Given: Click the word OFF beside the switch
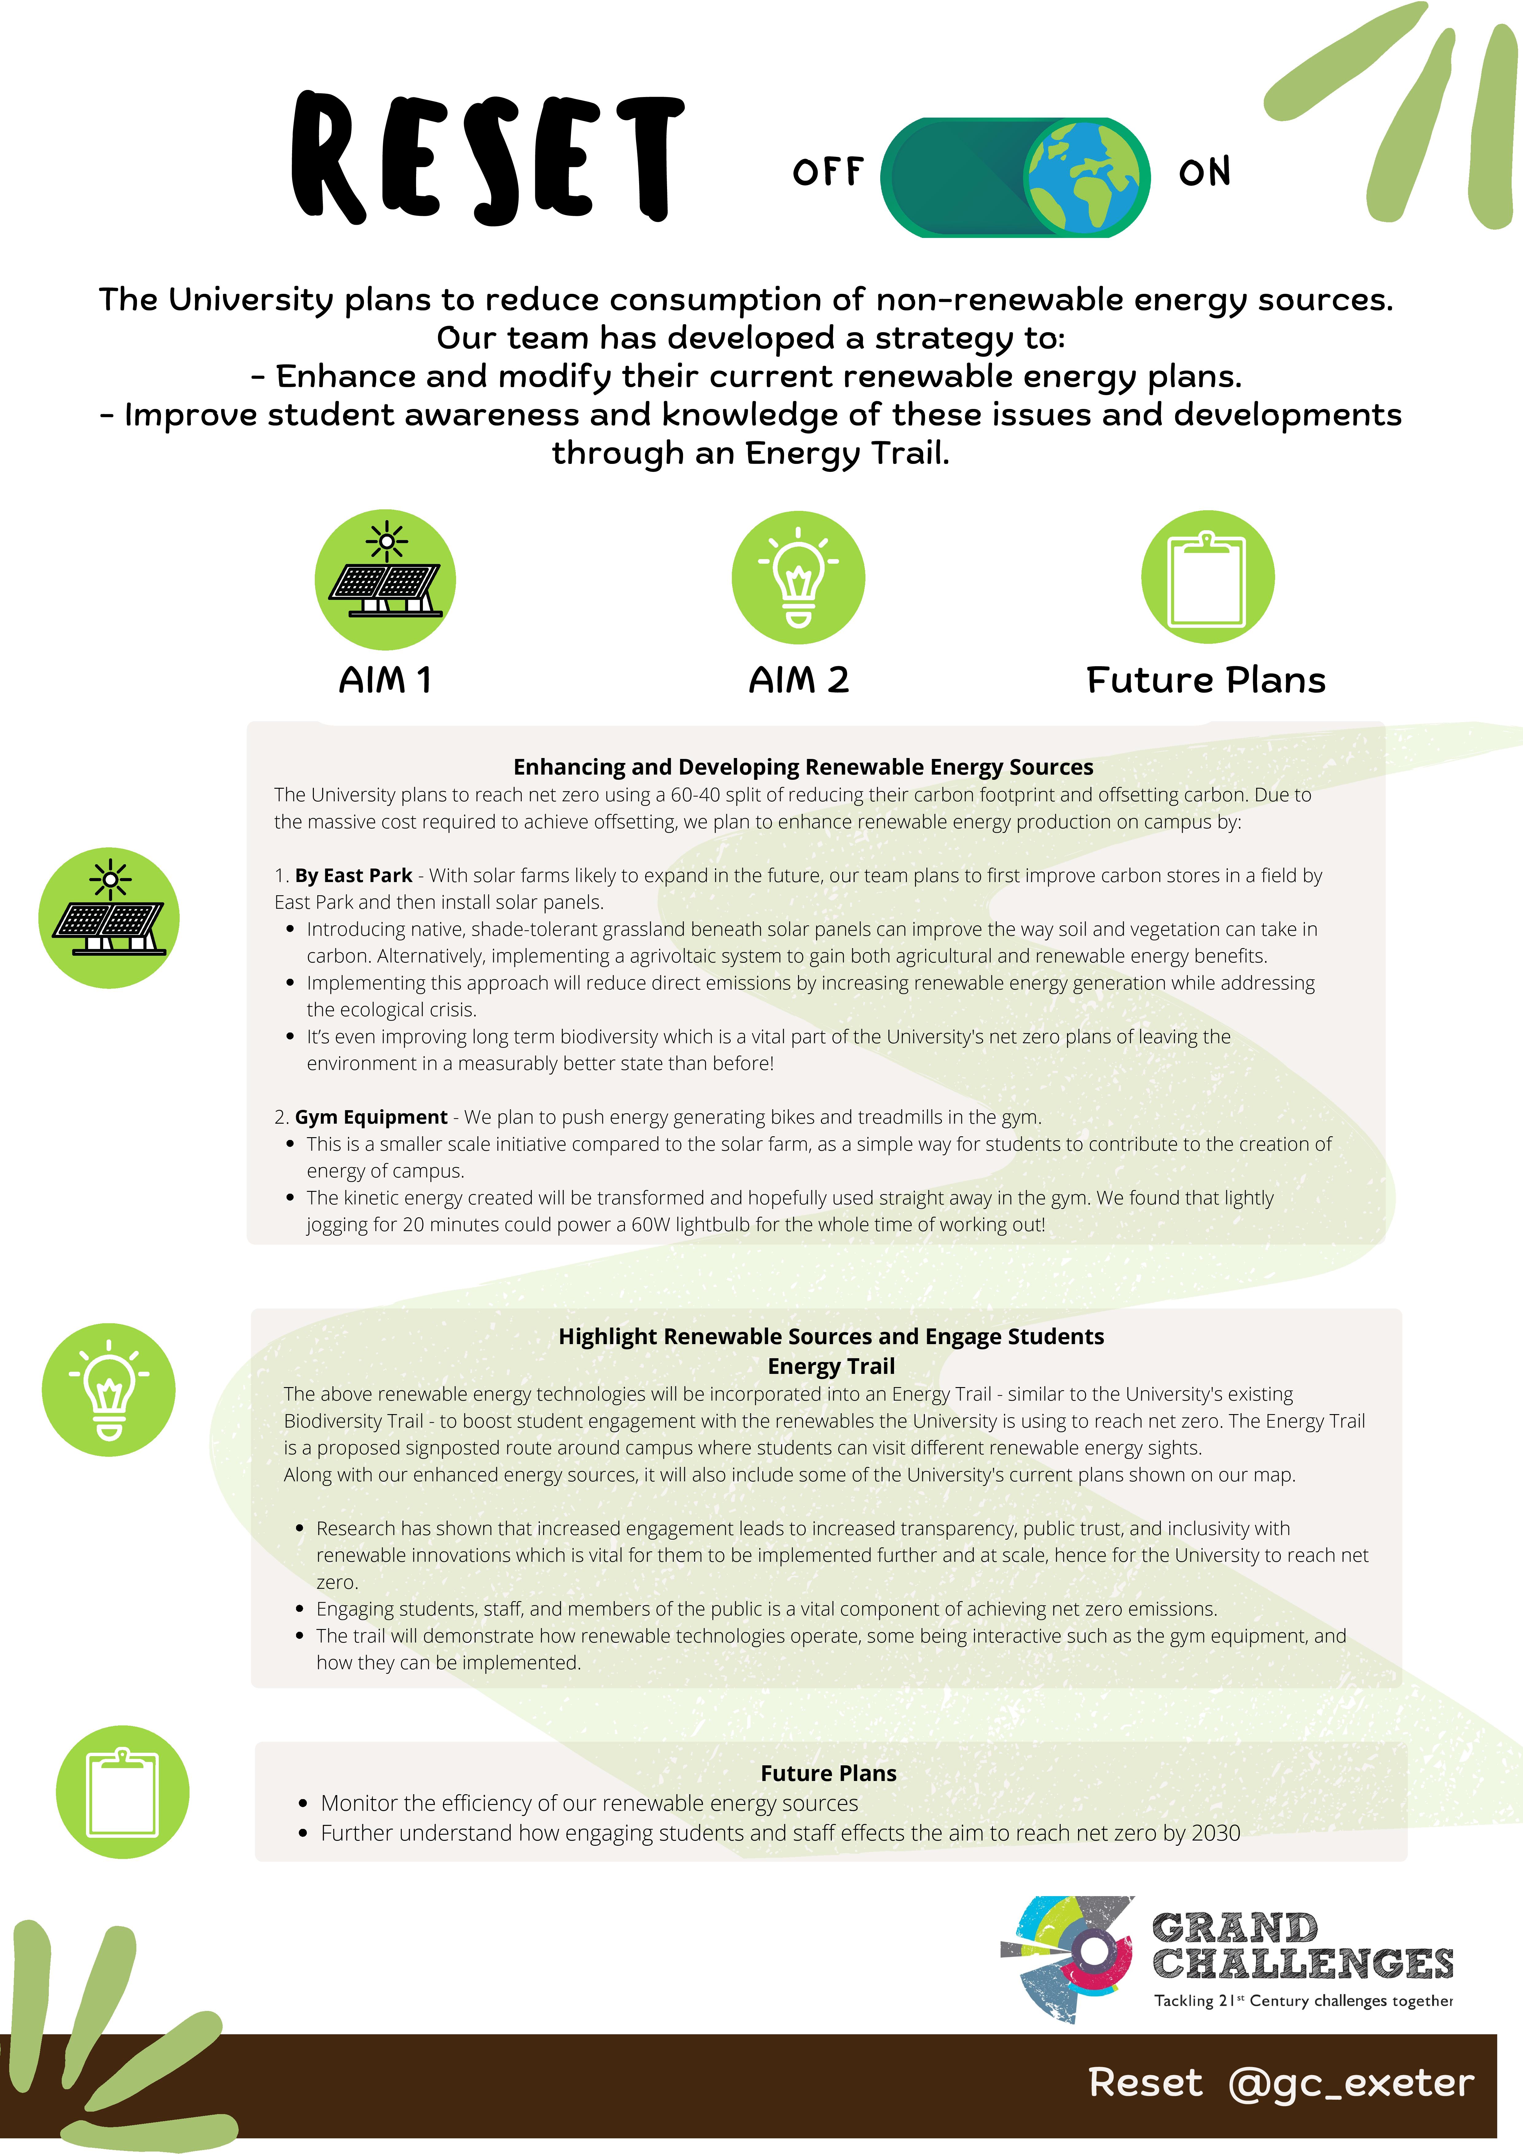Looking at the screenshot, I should [x=827, y=173].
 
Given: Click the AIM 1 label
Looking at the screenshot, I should [x=385, y=680].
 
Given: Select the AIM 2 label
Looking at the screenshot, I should [x=799, y=680].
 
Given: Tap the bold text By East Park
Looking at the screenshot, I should [x=354, y=875].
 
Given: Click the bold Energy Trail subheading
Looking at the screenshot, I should [x=830, y=1366].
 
